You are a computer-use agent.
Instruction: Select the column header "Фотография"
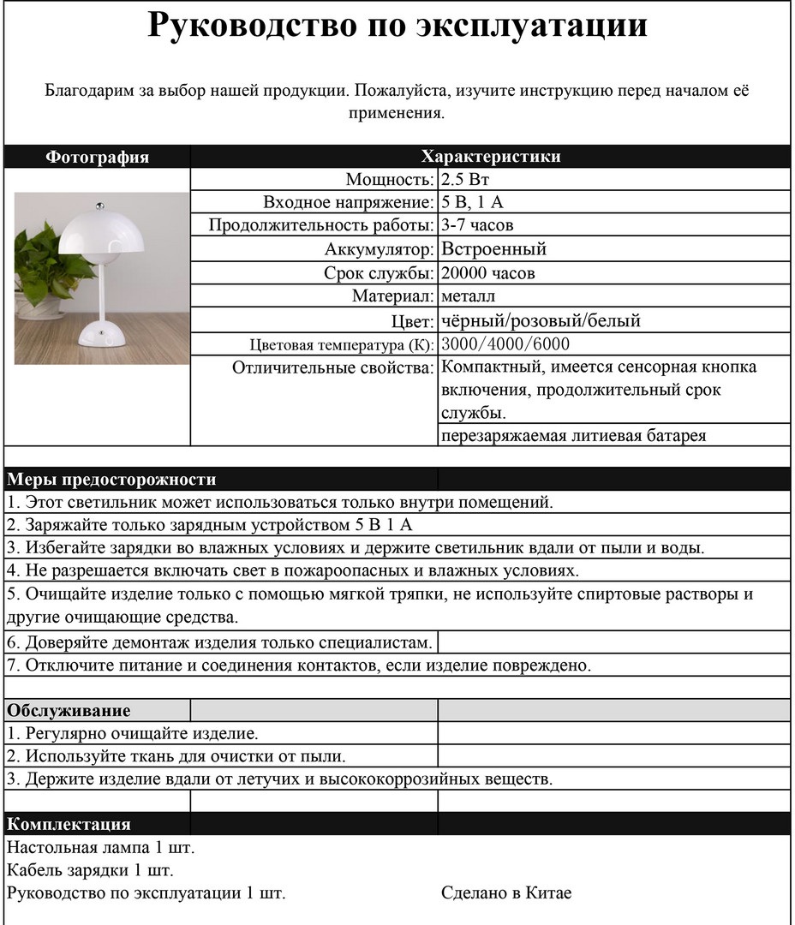point(97,157)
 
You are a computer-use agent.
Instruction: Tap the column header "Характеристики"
point(490,157)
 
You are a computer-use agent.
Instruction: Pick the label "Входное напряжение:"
point(348,203)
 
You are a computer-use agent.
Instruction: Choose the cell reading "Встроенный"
point(493,250)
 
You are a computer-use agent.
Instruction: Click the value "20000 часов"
point(488,274)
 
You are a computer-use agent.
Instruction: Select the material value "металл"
point(468,296)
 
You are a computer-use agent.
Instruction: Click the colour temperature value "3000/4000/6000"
point(505,344)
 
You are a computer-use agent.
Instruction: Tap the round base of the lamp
point(102,334)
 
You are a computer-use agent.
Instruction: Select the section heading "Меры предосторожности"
point(111,480)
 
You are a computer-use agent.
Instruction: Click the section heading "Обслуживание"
point(69,711)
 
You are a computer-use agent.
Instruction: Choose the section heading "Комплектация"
point(69,825)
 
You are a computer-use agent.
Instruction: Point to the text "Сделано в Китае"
point(506,893)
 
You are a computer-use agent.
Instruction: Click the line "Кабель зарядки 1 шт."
point(90,871)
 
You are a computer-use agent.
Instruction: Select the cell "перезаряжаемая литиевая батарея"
point(574,436)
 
